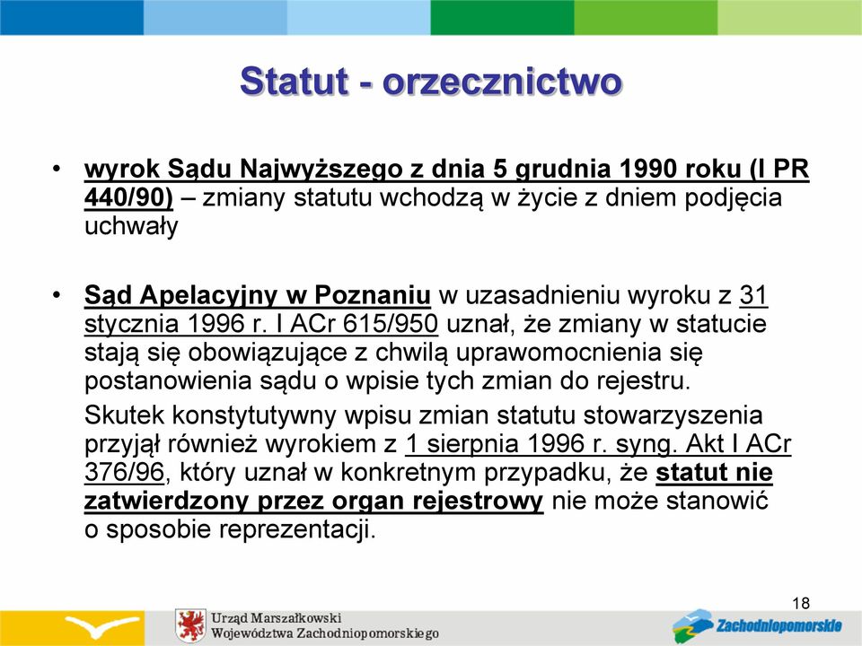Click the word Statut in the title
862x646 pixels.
point(295,82)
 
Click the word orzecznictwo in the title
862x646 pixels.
point(503,82)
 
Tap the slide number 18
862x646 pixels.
point(801,603)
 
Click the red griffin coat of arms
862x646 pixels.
point(190,626)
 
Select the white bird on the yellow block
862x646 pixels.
point(101,625)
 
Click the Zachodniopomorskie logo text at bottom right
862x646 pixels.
point(778,625)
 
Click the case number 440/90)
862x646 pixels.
point(128,197)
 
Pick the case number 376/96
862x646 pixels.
point(124,473)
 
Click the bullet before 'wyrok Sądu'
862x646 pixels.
point(56,168)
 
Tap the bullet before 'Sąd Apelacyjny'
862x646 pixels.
point(56,294)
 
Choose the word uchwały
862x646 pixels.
point(131,227)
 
